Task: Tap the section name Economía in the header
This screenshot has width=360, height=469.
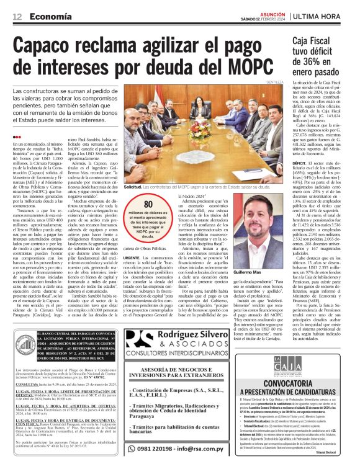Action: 51,16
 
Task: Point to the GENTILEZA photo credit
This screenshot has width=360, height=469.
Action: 273,82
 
